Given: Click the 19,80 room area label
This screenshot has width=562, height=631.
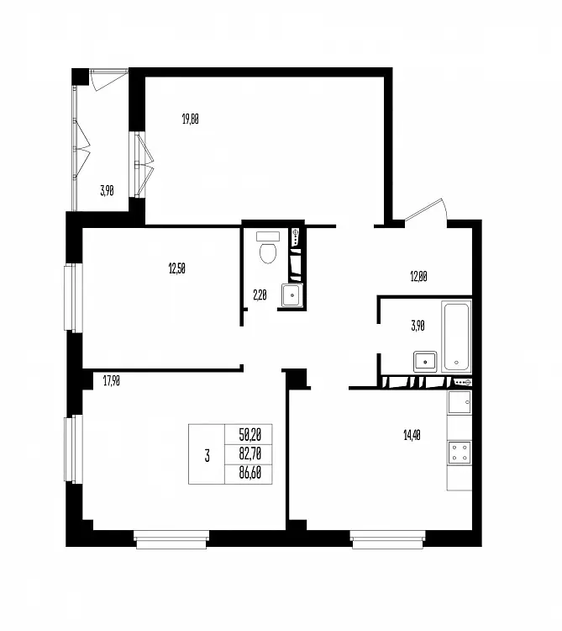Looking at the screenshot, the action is tap(191, 119).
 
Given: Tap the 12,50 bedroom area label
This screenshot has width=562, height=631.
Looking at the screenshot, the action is tap(176, 268).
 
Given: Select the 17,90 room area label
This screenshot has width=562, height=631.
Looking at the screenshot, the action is tap(111, 380).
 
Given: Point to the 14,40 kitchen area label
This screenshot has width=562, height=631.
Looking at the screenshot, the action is tap(412, 435).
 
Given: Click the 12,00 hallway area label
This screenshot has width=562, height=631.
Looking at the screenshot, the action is tap(418, 277).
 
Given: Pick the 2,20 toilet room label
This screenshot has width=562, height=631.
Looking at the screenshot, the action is tap(260, 295).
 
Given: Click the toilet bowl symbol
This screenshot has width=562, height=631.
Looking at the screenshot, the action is tap(268, 248).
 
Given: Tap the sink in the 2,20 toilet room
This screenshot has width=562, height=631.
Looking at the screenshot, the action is tap(292, 295).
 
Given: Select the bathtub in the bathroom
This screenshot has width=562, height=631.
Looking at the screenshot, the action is tap(456, 336).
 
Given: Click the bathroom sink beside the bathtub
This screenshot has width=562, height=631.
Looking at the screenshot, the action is tap(425, 362).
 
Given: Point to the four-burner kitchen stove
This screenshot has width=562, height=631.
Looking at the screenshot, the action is tap(460, 453).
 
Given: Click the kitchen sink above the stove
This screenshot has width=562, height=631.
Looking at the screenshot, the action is tap(460, 402).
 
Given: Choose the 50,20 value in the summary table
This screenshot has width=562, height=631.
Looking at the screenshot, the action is tap(249, 434).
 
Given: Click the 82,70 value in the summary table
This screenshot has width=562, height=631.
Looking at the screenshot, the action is tap(249, 453).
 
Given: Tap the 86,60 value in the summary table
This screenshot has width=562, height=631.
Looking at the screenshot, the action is tap(249, 473).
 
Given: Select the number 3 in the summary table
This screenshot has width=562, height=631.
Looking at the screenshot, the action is tap(207, 456).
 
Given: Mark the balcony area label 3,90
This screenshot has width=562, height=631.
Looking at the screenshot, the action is tap(107, 191).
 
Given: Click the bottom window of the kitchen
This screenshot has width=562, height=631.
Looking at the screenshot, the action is tap(387, 539).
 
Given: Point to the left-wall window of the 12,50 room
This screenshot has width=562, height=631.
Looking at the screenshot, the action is tap(73, 298).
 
